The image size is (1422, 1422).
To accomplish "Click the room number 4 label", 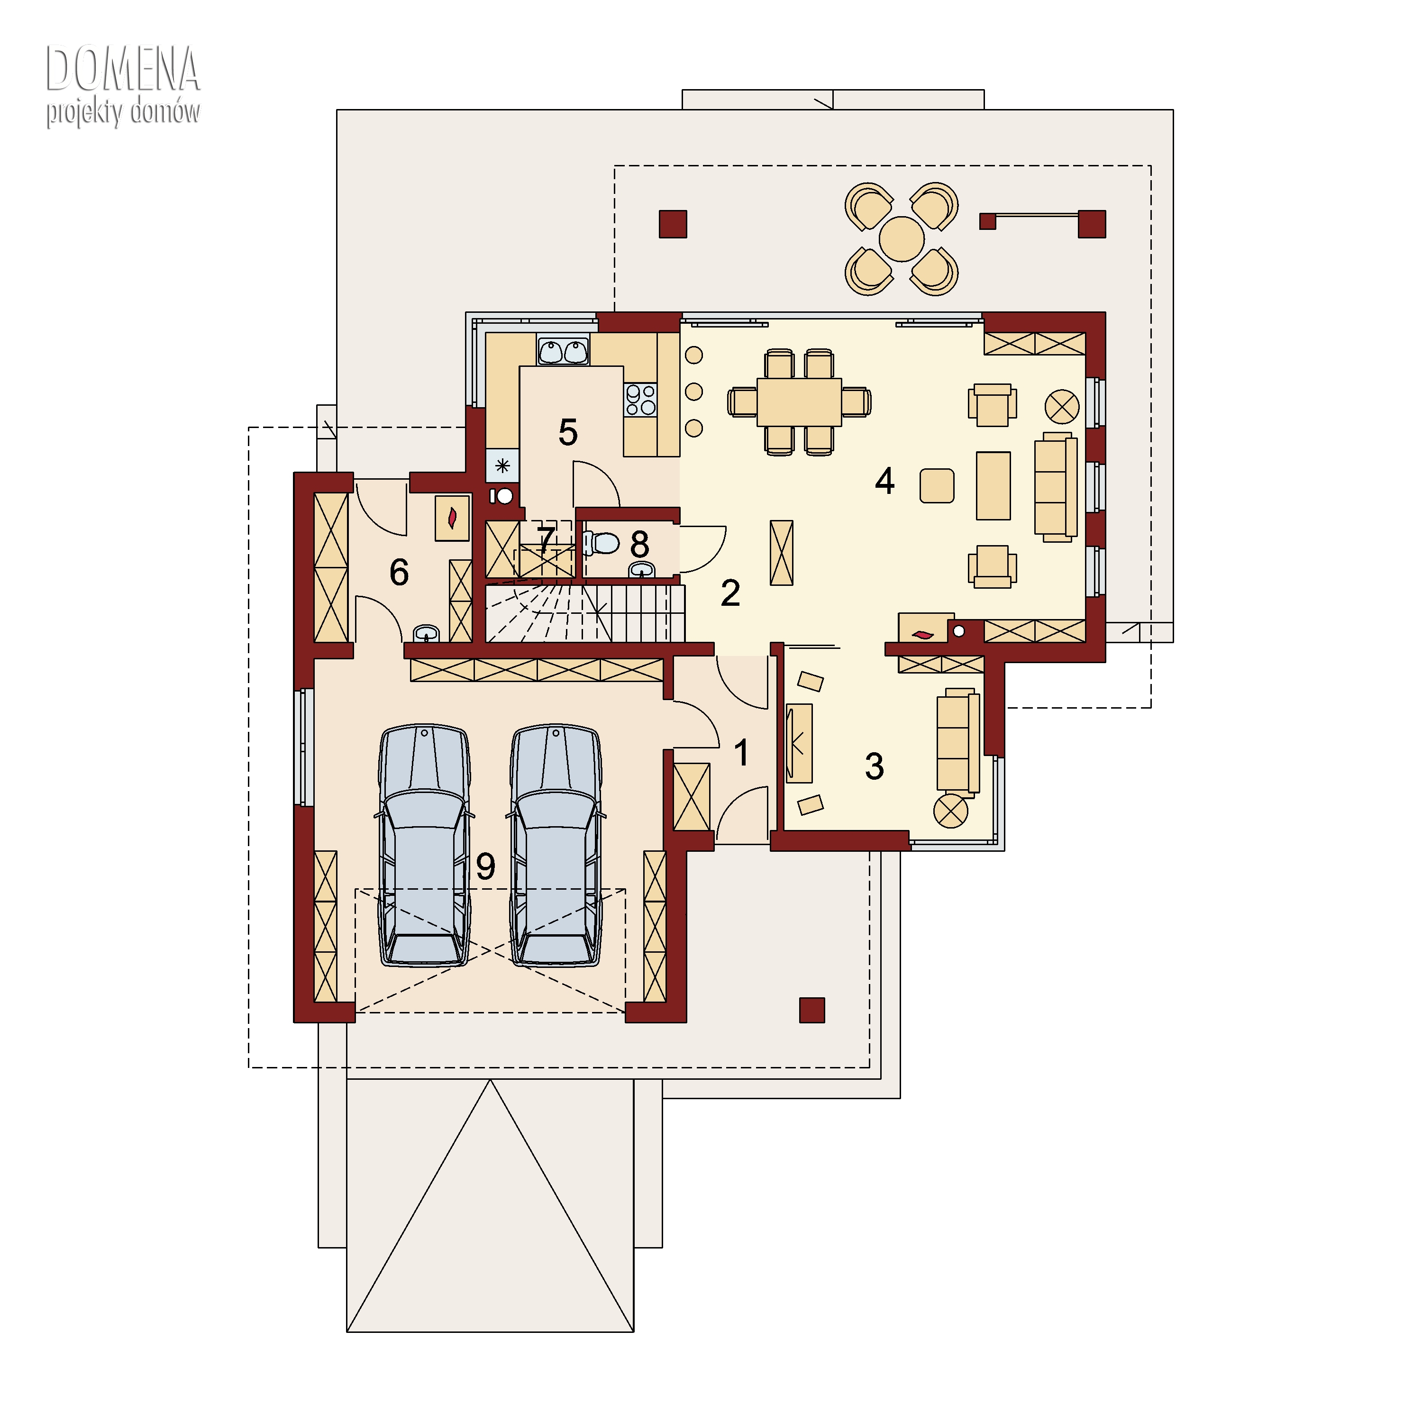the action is click(884, 481).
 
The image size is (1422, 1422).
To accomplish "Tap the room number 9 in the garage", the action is click(485, 867).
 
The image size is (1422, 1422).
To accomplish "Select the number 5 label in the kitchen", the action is click(567, 432).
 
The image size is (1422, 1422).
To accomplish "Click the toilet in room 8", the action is click(602, 543).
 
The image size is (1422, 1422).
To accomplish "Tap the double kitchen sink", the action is click(563, 350).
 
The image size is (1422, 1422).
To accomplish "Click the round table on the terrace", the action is click(902, 238).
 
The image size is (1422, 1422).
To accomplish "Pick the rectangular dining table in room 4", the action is click(799, 402).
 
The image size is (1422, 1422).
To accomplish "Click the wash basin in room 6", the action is click(426, 633).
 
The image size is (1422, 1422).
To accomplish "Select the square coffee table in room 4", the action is click(937, 486).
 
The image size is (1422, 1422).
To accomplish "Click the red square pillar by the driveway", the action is click(812, 1010).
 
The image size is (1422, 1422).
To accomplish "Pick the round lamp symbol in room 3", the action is click(951, 811).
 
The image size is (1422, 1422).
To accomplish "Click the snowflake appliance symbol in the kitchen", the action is click(503, 465).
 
